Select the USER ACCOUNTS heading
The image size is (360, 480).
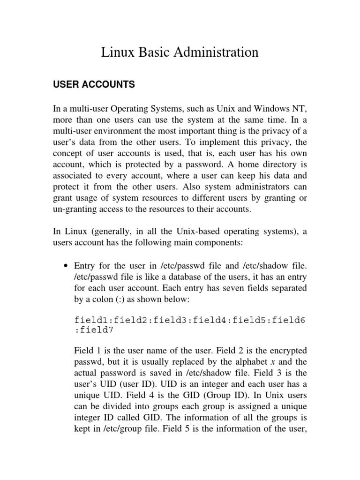click(x=94, y=84)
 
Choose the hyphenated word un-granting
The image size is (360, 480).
click(x=75, y=210)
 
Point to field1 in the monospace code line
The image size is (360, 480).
click(x=92, y=320)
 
